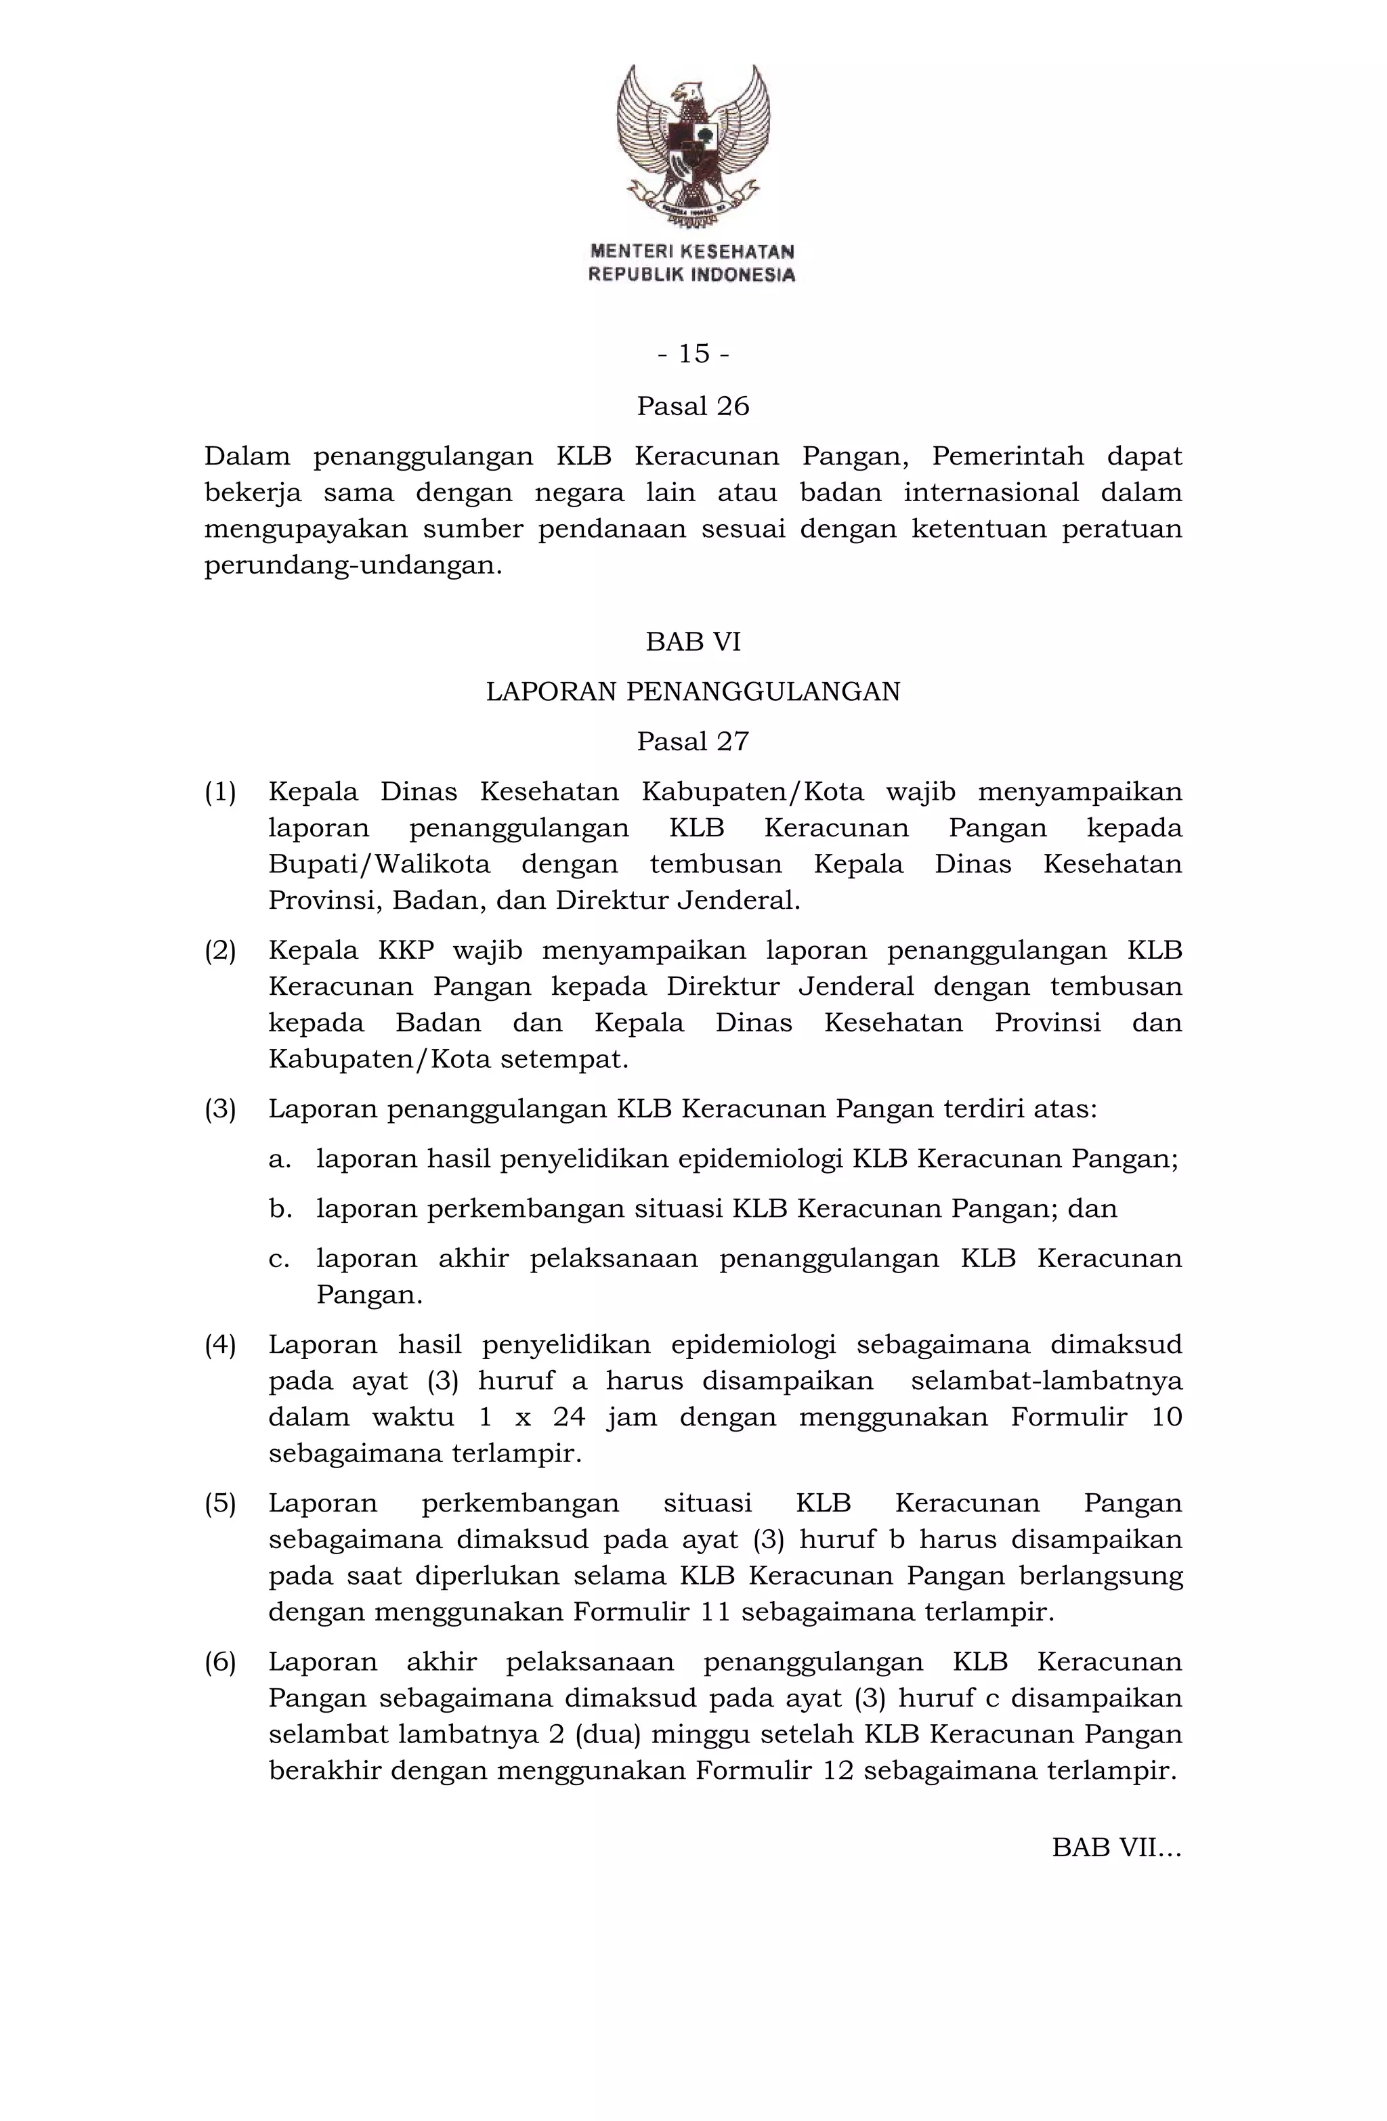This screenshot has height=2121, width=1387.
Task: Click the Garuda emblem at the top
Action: pyautogui.click(x=693, y=147)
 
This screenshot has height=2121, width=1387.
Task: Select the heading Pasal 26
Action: pyautogui.click(x=693, y=406)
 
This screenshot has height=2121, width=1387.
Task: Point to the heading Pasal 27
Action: pyautogui.click(x=693, y=742)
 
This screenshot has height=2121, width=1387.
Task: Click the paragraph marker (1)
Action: pyautogui.click(x=220, y=792)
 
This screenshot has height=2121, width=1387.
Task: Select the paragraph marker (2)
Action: pyautogui.click(x=220, y=950)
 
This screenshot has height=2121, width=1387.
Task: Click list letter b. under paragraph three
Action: pyautogui.click(x=279, y=1209)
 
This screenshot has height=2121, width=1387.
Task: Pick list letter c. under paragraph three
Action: pyautogui.click(x=279, y=1259)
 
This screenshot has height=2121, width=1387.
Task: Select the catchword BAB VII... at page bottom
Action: pyautogui.click(x=1116, y=1848)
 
